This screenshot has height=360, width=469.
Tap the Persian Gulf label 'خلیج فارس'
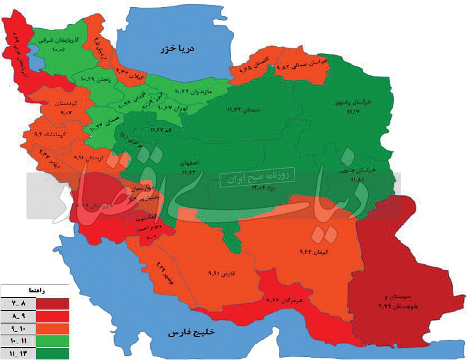pos(192,333)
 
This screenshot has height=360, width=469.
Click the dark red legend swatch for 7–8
pos(52,303)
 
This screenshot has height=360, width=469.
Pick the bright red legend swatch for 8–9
pos(52,316)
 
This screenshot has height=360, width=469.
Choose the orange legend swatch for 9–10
pos(52,328)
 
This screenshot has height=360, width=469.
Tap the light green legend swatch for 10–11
pos(52,340)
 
